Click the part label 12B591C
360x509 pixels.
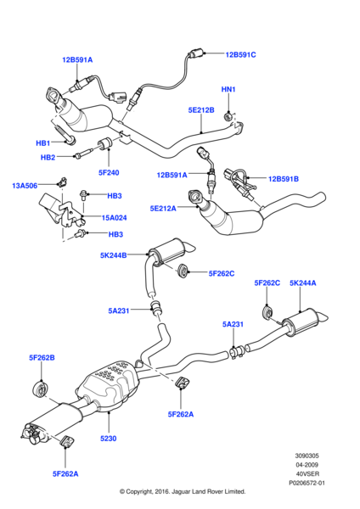tap(240, 54)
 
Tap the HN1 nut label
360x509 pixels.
tap(228, 89)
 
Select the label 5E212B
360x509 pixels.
tap(201, 110)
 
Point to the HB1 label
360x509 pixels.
tap(43, 143)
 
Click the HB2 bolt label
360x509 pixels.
tap(48, 158)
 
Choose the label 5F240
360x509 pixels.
tap(109, 173)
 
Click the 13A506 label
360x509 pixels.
tap(25, 186)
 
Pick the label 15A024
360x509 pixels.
tap(114, 218)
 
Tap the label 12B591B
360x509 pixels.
tap(284, 179)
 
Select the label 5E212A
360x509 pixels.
tap(163, 209)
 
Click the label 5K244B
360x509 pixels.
tap(114, 255)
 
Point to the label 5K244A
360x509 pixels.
tap(303, 283)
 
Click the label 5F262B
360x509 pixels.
tap(42, 358)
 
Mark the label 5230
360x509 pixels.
tap(108, 439)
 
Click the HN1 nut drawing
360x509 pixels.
tap(228, 116)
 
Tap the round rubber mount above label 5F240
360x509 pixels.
tap(105, 144)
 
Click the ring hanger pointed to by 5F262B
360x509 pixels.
tap(41, 389)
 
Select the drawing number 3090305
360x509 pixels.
tap(307, 456)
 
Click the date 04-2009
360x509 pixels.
tap(307, 465)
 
